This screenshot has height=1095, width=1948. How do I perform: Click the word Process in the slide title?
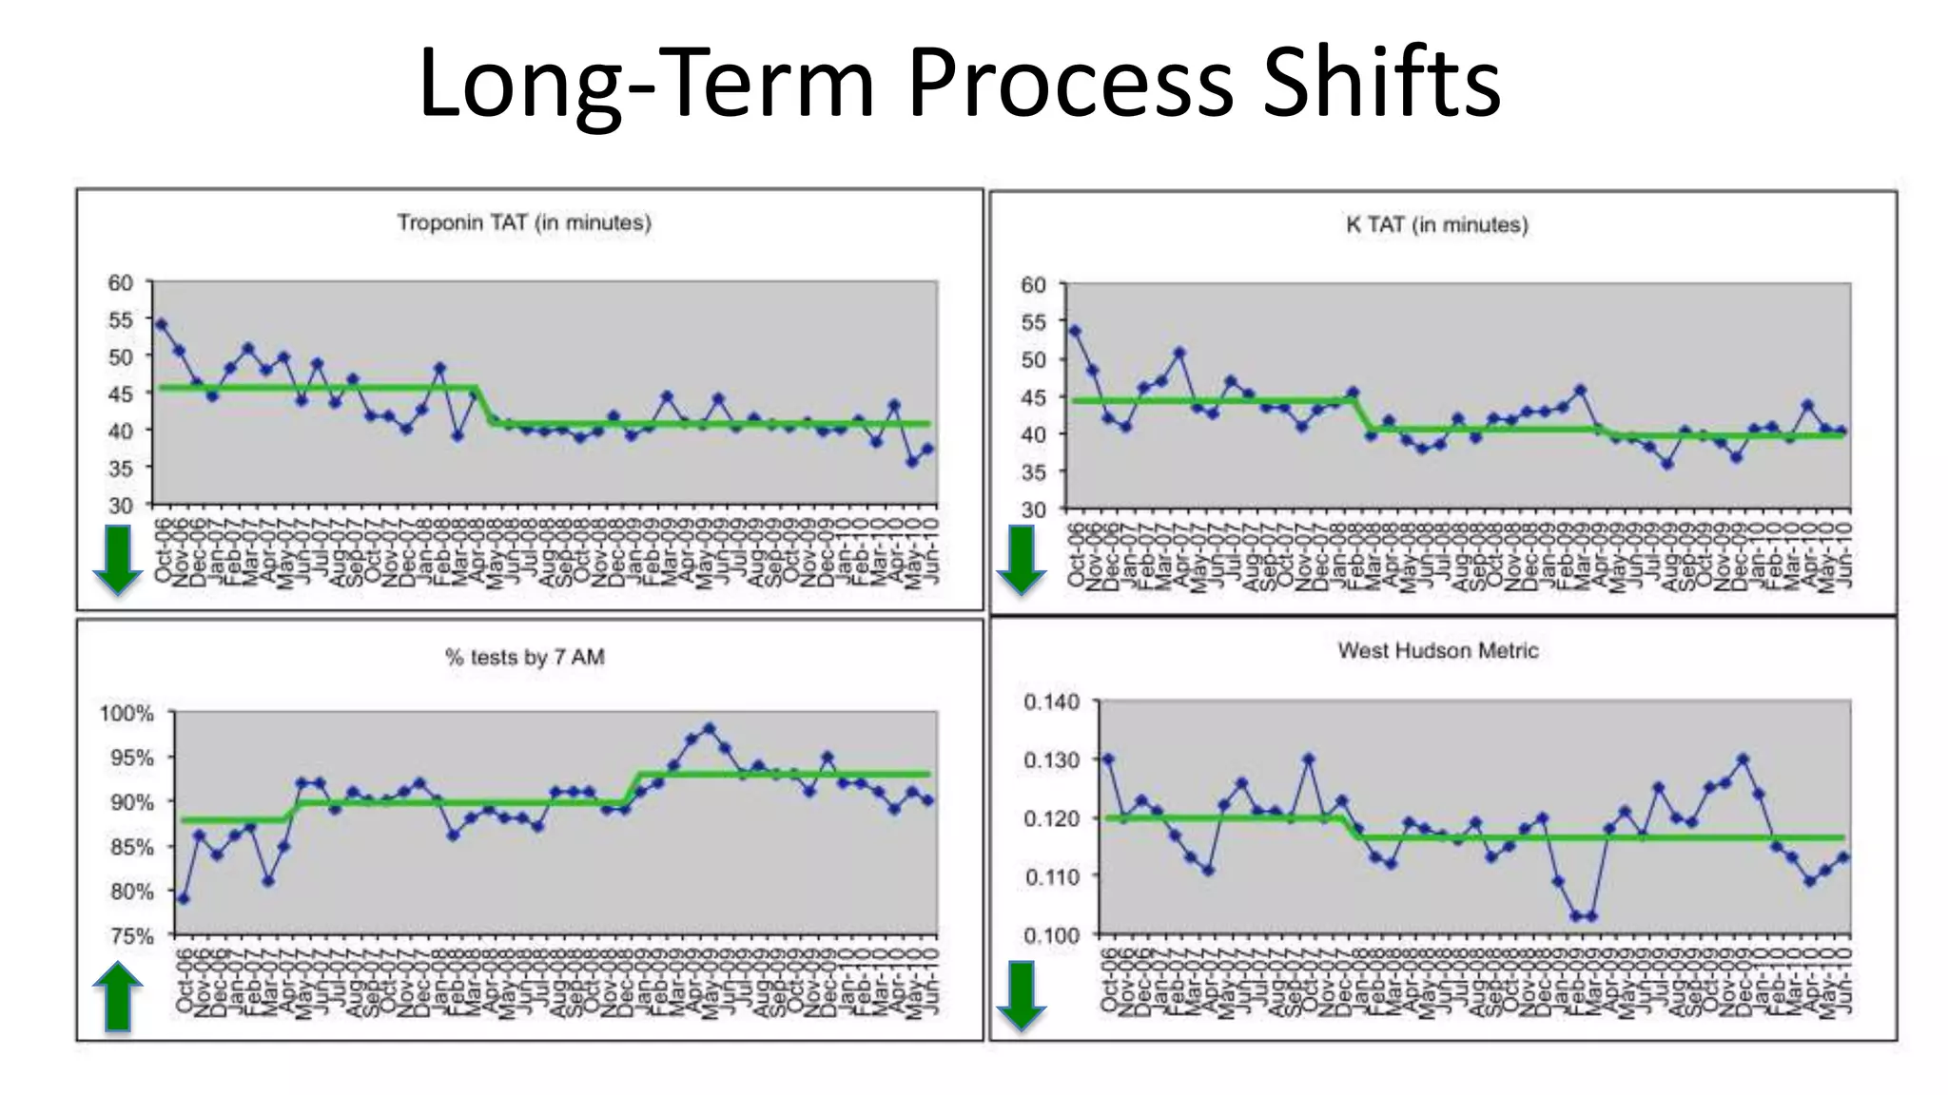[x=1070, y=84]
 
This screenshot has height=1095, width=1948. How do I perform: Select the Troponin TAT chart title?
[x=524, y=222]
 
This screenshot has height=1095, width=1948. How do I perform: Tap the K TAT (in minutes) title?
[x=1436, y=225]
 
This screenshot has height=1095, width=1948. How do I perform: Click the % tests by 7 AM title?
[x=524, y=657]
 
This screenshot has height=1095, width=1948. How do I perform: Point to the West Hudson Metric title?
[x=1437, y=651]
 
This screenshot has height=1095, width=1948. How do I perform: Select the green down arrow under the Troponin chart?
[x=117, y=560]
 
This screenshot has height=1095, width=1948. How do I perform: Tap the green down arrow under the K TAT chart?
[x=1021, y=560]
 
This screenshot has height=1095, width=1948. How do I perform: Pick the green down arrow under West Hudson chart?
[x=1021, y=995]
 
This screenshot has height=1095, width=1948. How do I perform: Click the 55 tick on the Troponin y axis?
[x=121, y=319]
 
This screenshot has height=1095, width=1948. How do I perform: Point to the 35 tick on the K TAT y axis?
[x=1033, y=472]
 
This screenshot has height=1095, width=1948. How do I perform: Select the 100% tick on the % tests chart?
[x=127, y=713]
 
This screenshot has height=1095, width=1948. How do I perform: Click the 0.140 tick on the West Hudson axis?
[x=1051, y=702]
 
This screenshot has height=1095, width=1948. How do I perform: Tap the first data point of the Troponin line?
[x=161, y=324]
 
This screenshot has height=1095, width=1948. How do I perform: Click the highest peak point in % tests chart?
[x=709, y=728]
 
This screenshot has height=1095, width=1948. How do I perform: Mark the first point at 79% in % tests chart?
[x=183, y=898]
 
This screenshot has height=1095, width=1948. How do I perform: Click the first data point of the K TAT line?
[x=1075, y=331]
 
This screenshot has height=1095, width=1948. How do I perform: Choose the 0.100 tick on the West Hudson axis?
[x=1051, y=935]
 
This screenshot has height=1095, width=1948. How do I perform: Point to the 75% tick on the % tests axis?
[x=131, y=936]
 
